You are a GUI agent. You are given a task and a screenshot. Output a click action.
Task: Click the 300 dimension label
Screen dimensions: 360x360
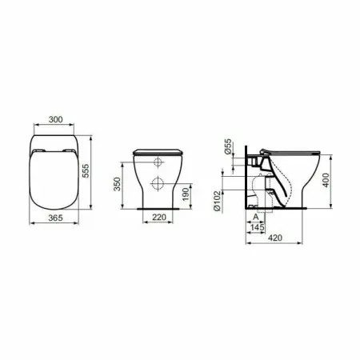[56, 119]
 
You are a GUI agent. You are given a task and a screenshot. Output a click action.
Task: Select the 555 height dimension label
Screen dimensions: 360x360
[86, 170]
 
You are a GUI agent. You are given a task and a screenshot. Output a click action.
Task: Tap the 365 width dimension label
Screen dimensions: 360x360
[55, 218]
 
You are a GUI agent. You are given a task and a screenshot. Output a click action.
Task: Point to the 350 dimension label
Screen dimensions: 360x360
[118, 184]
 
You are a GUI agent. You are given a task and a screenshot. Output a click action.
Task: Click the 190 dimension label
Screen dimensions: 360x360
[186, 194]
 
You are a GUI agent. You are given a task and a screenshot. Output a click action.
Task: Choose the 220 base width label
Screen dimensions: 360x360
[159, 218]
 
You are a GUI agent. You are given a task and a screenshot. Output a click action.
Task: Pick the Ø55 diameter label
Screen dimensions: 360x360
[228, 146]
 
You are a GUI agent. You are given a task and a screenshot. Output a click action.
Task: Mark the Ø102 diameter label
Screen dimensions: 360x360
[218, 201]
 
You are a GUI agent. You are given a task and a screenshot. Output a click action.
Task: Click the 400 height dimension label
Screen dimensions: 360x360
[326, 180]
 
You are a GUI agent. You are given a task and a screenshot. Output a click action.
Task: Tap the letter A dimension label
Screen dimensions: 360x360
[255, 217]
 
